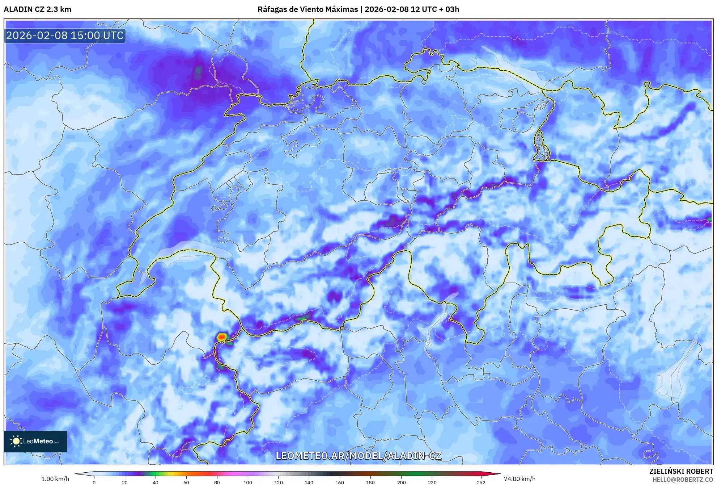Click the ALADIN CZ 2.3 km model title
point(37,9)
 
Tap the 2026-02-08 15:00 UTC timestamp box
point(65,35)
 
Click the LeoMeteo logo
point(35,441)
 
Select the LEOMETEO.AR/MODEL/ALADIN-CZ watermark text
point(358,456)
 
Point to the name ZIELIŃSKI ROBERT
point(681,471)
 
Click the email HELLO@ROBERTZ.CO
point(683,480)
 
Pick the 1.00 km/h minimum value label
point(55,479)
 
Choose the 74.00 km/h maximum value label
point(519,479)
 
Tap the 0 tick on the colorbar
point(94,482)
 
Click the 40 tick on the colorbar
point(156,482)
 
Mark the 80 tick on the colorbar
point(217,482)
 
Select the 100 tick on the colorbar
point(248,482)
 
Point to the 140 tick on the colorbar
point(309,482)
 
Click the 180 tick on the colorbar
point(370,482)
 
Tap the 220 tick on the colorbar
point(432,482)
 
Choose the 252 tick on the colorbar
point(481,482)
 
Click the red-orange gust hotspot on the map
point(222,337)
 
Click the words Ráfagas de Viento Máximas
point(307,9)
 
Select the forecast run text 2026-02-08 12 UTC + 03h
point(412,9)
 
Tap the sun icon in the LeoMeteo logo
point(16,441)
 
